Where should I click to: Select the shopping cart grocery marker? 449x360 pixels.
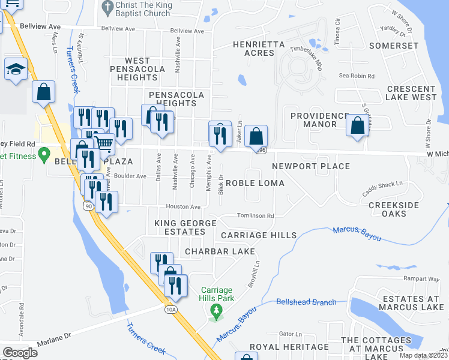point(104,143)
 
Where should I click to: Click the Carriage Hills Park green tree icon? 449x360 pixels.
point(215,310)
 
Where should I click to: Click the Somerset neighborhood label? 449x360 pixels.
point(394,46)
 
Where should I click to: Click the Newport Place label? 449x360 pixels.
point(311,166)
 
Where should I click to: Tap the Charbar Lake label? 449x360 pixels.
point(220,251)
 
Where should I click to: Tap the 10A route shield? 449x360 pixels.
point(170,308)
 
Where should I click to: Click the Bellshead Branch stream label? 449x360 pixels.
point(306,302)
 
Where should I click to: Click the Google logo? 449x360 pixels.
point(20,352)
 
